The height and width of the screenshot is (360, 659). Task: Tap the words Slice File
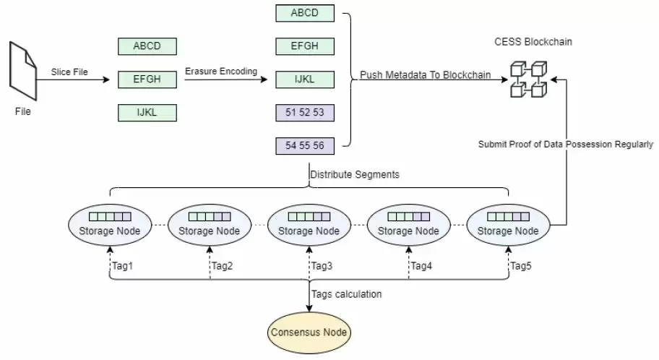(x=69, y=72)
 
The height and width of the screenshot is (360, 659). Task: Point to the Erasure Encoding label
(x=221, y=71)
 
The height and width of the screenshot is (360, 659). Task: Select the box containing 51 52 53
(x=304, y=113)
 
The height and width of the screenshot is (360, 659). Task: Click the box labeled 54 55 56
(x=304, y=146)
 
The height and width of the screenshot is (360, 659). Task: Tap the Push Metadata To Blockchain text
(x=425, y=74)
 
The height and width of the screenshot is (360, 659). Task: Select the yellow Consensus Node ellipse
(x=309, y=333)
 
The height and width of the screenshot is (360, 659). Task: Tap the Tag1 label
(x=122, y=265)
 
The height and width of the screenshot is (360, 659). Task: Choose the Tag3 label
(x=322, y=265)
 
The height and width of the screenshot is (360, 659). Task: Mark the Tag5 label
(x=521, y=265)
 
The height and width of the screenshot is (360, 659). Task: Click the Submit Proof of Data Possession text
(x=565, y=144)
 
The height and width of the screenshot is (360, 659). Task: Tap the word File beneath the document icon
(x=24, y=112)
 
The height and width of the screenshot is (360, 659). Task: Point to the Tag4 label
(x=421, y=265)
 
